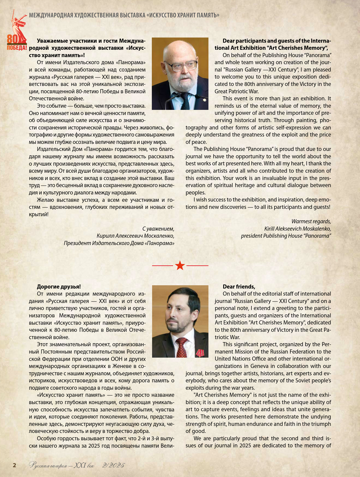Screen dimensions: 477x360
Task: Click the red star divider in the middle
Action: [x=180, y=265]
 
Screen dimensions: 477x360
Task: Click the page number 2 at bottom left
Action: [x=15, y=465]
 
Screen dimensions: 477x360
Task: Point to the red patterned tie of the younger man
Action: [x=181, y=348]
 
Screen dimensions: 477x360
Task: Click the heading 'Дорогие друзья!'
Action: [x=59, y=287]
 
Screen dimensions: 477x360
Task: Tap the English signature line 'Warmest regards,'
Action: [x=311, y=221]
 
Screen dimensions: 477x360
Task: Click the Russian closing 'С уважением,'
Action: [x=158, y=229]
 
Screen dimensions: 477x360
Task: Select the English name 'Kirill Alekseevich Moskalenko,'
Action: [x=297, y=229]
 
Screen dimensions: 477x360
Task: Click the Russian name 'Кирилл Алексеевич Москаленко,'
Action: [x=135, y=236]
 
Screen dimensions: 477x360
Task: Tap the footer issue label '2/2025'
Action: [x=113, y=465]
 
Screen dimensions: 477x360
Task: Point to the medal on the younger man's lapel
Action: [x=200, y=353]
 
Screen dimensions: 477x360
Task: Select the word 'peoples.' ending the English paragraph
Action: [x=195, y=193]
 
